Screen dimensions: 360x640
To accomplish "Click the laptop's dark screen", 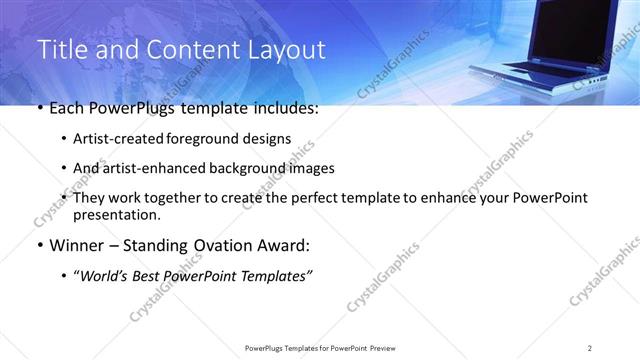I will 571,34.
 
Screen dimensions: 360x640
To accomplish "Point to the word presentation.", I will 115,214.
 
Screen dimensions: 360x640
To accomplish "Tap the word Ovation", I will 211,245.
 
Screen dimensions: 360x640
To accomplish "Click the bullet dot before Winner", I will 39,245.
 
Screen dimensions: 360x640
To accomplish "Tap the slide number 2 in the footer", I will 590,347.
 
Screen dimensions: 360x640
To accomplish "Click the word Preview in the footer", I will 381,347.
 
